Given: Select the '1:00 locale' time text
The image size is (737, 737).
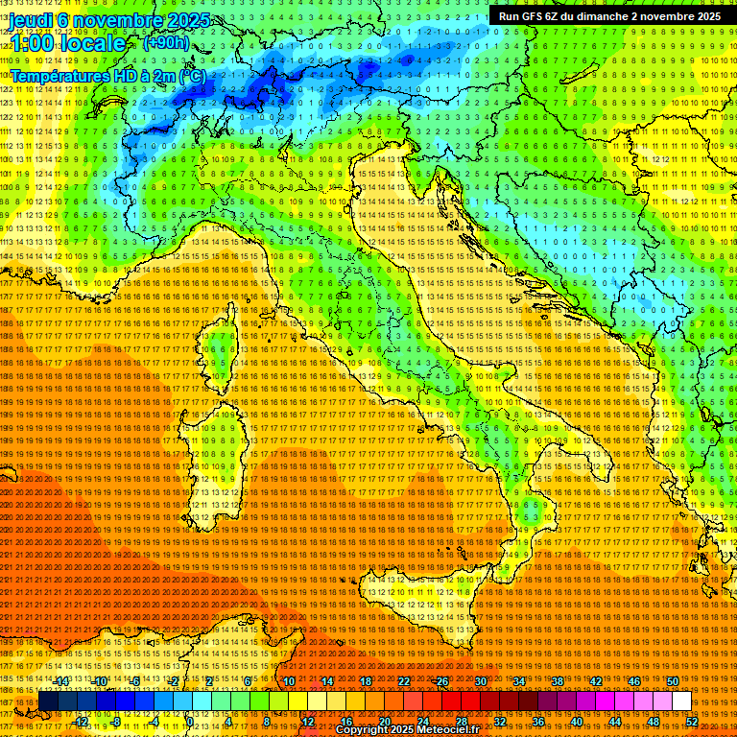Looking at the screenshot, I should tap(67, 43).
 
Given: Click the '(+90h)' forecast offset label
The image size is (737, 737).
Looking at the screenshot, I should tap(166, 42).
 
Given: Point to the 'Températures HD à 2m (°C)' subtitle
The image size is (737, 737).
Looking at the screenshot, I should tap(107, 75).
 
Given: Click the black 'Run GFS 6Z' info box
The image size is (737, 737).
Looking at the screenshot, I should tap(609, 15).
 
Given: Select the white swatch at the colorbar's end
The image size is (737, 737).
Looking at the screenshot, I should tap(681, 701).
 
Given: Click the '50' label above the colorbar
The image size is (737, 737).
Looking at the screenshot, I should tap(672, 681).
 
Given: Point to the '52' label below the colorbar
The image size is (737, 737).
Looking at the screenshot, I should tap(691, 721).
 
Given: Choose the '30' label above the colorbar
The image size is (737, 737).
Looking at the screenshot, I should tap(480, 681).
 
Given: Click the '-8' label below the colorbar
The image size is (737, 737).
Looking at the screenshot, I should tap(115, 721).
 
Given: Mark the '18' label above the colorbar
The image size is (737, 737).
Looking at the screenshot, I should tap(365, 681).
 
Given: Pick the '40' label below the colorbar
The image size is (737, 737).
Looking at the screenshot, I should tap(576, 721).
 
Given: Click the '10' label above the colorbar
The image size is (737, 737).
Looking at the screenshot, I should tap(288, 681).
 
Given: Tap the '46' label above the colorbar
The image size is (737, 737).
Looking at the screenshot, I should tap(633, 681).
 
